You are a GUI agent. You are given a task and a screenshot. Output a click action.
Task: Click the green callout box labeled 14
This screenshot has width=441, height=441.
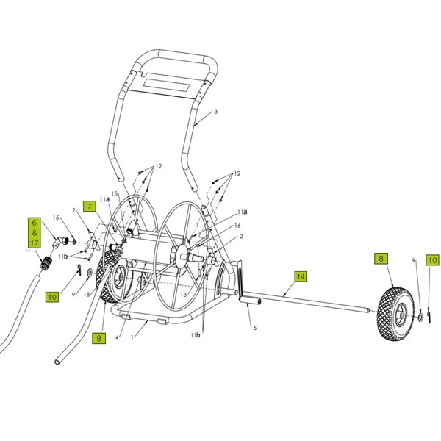tap(300, 277)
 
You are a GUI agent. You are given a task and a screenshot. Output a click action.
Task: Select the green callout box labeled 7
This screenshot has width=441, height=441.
tap(90, 207)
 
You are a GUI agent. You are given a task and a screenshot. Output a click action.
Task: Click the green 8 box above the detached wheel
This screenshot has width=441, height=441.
tap(380, 259)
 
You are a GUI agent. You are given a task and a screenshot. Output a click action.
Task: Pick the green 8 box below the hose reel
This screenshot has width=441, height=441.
tap(99, 338)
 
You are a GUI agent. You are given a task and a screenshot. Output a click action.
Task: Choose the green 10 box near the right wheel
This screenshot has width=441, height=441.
tap(432, 260)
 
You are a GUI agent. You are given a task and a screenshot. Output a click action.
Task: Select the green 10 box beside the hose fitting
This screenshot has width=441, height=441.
tap(51, 297)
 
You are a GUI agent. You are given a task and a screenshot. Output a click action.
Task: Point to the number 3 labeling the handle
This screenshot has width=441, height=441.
tap(216, 112)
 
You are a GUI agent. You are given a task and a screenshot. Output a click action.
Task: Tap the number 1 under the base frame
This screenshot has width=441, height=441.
tap(132, 337)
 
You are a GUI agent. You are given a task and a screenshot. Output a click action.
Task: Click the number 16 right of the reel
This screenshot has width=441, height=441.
tap(237, 226)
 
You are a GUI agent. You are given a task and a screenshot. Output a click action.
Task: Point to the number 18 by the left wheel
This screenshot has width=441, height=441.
tap(87, 294)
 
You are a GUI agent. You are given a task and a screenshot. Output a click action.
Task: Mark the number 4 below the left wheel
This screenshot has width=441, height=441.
tap(116, 337)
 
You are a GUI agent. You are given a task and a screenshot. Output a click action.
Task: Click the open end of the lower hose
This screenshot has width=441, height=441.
tap(58, 362)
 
